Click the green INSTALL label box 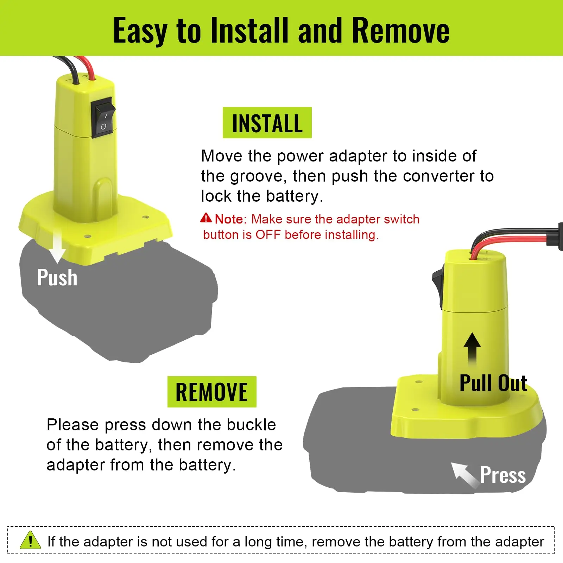[267, 123]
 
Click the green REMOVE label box [212, 392]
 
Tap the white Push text [57, 277]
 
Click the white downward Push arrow [57, 248]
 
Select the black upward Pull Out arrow [472, 348]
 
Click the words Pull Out [493, 383]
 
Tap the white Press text [503, 475]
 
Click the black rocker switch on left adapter [103, 118]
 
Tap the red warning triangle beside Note [206, 218]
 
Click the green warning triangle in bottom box [30, 540]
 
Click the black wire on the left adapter [72, 70]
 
